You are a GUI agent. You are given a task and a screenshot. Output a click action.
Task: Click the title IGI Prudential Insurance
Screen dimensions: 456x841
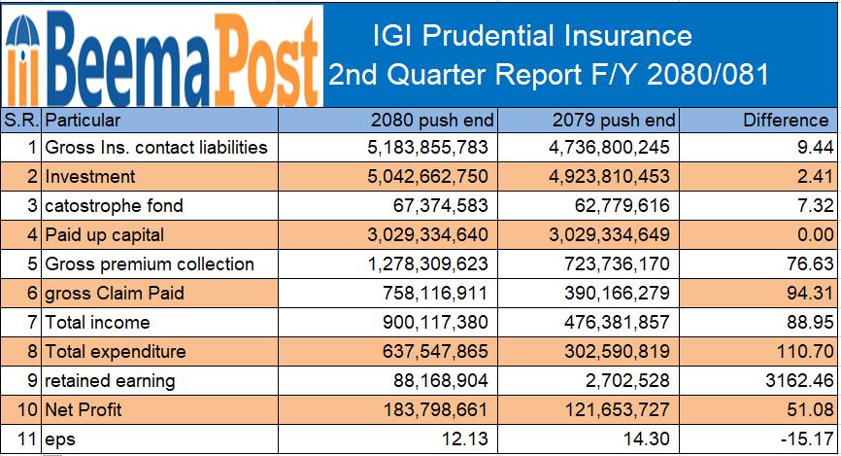pos(532,36)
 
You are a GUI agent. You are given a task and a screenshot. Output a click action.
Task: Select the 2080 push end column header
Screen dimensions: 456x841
pos(433,121)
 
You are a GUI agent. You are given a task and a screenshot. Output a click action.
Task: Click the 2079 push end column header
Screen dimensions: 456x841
pos(614,121)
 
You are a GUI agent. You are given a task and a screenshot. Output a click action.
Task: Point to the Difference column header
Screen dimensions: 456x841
pos(786,121)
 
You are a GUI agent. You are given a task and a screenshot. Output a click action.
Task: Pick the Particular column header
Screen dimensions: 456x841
pos(84,121)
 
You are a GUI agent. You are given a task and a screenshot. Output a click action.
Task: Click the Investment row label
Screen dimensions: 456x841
pos(90,177)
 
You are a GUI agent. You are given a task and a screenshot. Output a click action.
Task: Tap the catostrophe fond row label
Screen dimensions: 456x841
pos(114,206)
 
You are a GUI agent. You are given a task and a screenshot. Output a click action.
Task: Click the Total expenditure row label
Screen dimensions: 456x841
pos(116,352)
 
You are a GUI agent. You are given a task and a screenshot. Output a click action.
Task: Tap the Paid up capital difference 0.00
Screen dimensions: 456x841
pos(812,235)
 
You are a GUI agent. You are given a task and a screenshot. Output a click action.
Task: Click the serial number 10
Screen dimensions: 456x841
pos(29,410)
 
